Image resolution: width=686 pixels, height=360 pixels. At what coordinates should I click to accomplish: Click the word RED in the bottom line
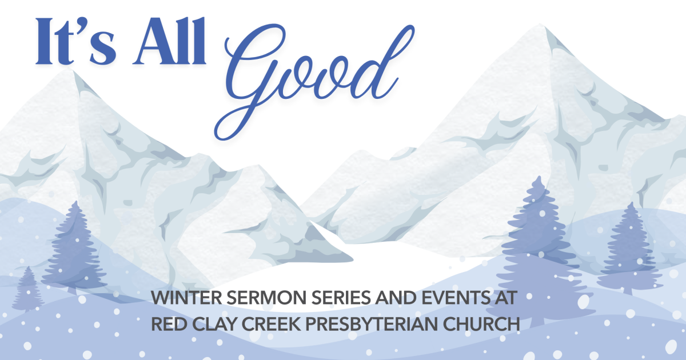(x=165, y=323)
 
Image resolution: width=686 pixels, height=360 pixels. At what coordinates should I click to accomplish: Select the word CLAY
(x=212, y=323)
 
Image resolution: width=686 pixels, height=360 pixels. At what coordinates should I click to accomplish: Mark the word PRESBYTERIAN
(x=377, y=323)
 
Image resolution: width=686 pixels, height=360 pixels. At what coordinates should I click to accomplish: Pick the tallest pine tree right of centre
(x=537, y=240)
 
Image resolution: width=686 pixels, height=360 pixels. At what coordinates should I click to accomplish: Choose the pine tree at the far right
(x=632, y=246)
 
